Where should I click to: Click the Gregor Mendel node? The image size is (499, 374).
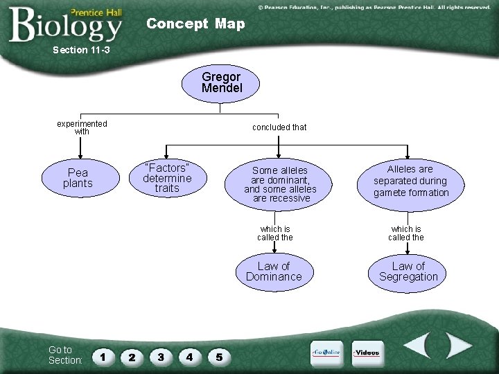coord(221,83)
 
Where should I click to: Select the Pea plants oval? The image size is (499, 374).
coord(78,178)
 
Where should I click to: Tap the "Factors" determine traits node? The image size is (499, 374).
coord(167,178)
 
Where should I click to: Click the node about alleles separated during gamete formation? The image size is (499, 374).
coord(411,181)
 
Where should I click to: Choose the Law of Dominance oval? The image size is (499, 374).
coord(274,271)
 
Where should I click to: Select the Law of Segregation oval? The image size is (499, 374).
coord(408,271)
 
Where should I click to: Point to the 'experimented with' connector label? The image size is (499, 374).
coord(82,127)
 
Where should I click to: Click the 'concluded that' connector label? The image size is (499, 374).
coord(279,127)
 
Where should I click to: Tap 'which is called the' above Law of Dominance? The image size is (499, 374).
coord(275,233)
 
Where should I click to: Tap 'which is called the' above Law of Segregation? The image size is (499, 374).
coord(406,233)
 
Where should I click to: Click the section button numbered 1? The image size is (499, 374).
coord(103,357)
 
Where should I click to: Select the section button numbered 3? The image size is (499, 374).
coord(161,357)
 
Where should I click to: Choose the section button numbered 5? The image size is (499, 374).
coord(219,357)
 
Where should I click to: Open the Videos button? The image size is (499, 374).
coord(367,353)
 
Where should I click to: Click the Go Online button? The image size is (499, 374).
coord(326,353)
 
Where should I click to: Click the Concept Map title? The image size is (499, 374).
coord(195,24)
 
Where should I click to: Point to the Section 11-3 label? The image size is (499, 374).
coord(81,50)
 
